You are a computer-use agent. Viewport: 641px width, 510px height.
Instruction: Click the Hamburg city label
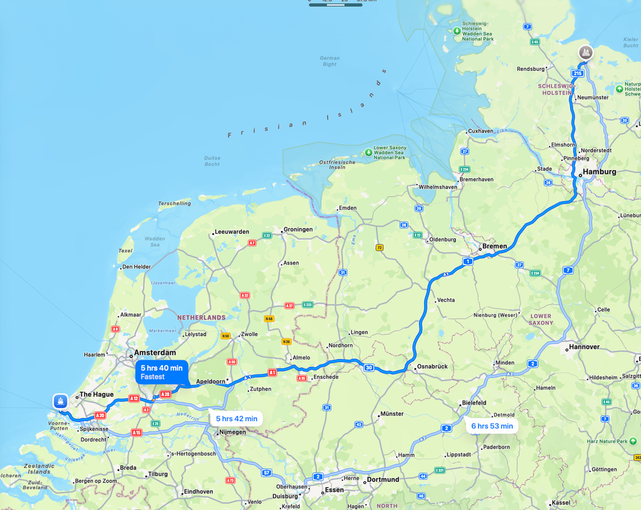600,172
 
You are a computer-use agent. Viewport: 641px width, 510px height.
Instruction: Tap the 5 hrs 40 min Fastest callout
162,372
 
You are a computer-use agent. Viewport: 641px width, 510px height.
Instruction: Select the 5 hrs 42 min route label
236,419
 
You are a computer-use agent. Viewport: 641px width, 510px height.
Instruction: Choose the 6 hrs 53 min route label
492,426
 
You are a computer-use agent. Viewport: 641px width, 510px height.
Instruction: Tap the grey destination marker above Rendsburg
586,52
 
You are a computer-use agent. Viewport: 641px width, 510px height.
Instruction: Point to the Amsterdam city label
155,352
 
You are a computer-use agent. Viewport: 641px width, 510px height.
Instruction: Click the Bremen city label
495,246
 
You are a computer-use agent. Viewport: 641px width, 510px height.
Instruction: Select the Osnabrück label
431,367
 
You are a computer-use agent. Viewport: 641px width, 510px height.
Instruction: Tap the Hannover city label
584,347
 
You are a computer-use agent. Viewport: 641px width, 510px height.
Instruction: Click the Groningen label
298,229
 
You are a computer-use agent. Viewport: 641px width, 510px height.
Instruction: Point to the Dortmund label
383,479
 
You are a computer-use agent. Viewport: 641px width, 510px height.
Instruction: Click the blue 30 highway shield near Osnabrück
369,367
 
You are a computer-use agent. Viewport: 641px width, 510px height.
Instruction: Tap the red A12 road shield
134,399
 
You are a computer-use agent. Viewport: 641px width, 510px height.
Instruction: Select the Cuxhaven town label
481,131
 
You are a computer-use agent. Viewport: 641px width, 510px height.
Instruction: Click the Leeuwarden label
232,232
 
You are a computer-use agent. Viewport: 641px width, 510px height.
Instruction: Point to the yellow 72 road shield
379,247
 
